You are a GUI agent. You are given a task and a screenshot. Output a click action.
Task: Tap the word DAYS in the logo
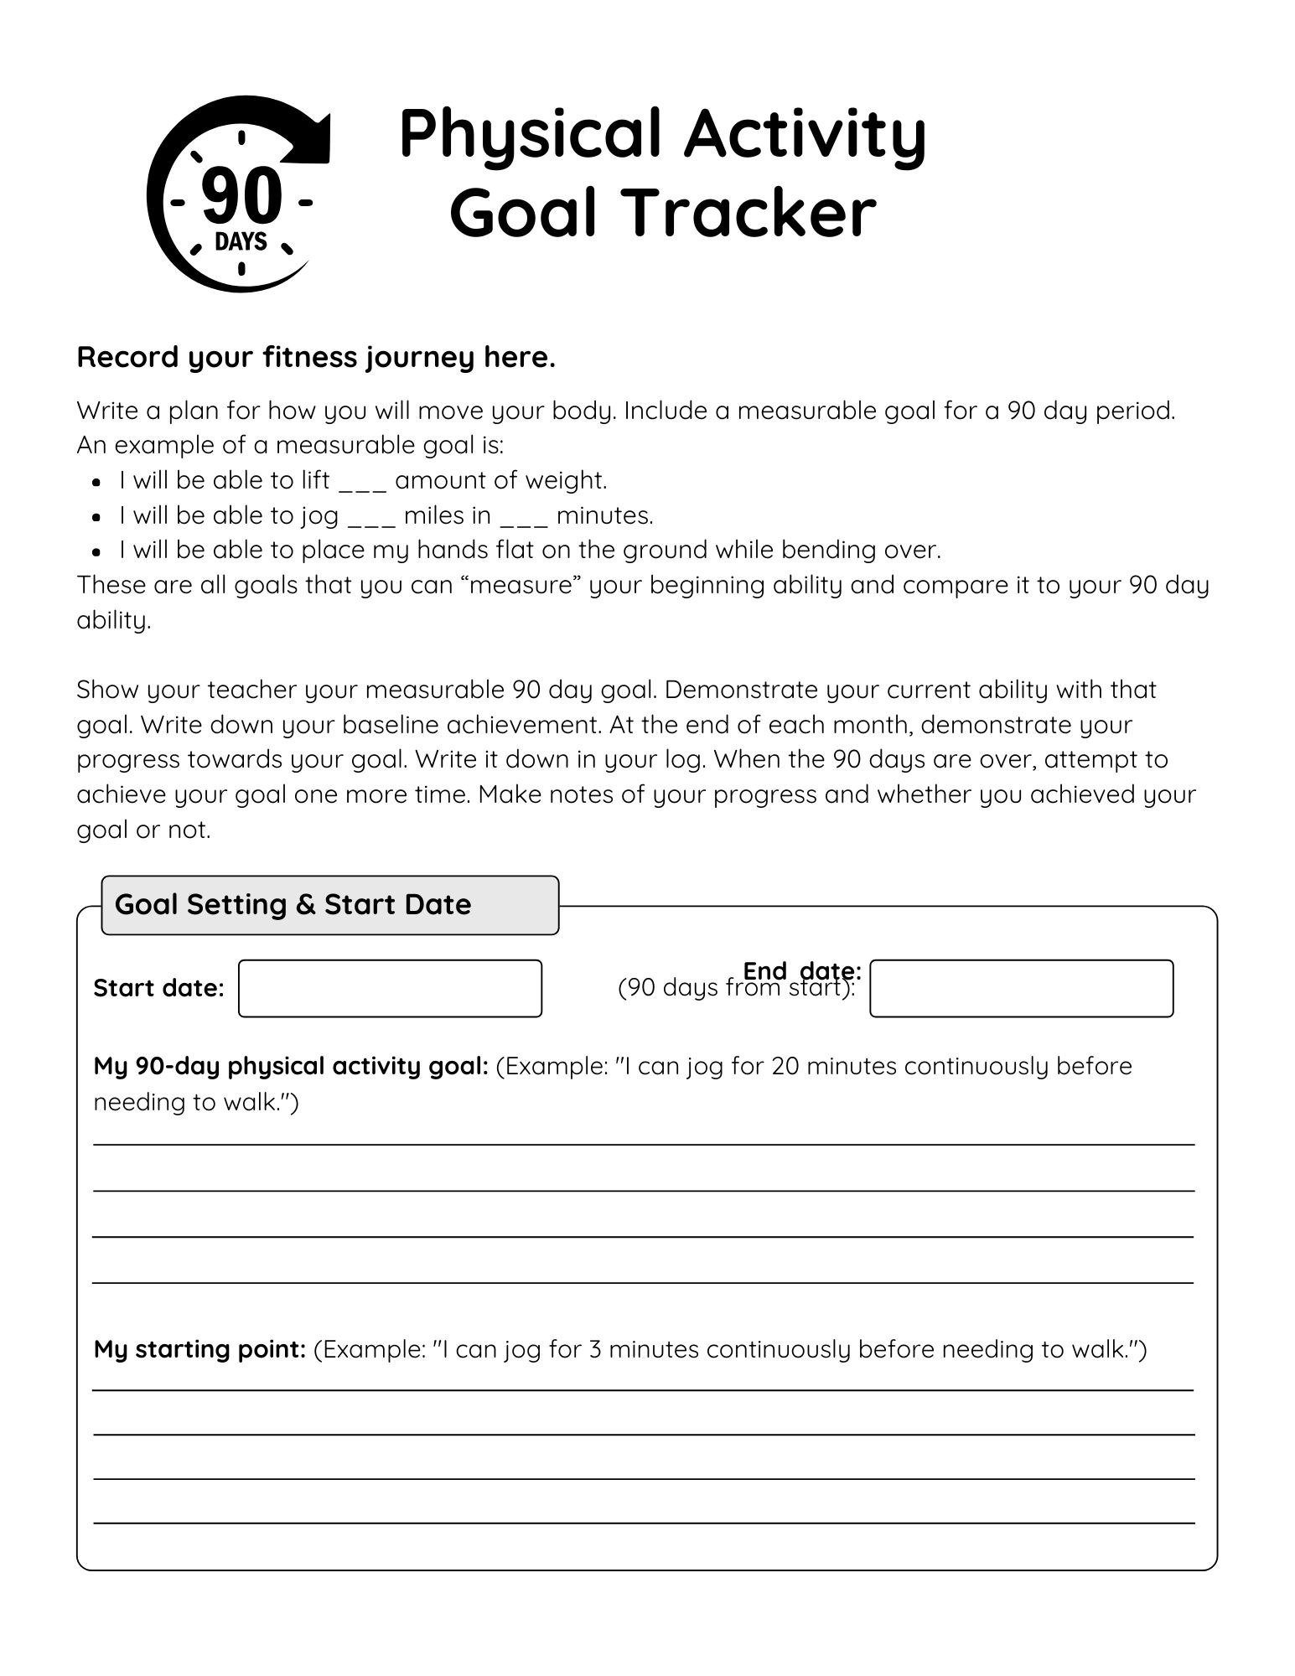click(241, 242)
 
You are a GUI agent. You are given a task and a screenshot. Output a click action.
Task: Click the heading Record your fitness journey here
click(316, 358)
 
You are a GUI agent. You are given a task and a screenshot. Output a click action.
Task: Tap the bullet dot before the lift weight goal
click(97, 483)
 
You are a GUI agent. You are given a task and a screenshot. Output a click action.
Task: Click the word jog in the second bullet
click(319, 515)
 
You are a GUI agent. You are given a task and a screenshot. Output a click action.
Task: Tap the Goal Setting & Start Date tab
click(329, 905)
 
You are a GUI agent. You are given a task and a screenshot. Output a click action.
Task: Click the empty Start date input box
click(390, 989)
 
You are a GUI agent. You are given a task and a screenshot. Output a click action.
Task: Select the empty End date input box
click(1021, 989)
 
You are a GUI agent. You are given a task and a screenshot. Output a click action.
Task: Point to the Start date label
click(158, 989)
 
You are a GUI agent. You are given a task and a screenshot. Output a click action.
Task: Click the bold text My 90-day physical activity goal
click(291, 1066)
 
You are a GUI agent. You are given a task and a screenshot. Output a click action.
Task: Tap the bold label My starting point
click(199, 1349)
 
